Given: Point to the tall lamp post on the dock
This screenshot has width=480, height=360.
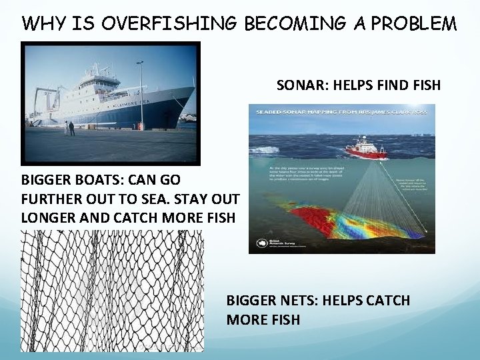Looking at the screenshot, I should (141, 93).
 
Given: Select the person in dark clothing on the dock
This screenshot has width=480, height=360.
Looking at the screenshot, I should (72, 128).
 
